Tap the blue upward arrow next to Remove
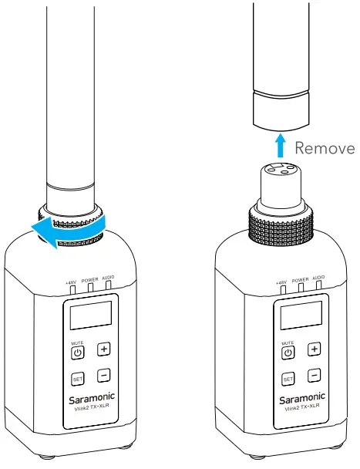tap(281, 147)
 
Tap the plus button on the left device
tap(103, 349)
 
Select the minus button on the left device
tap(103, 376)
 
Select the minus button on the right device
tap(313, 376)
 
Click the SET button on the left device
tap(77, 379)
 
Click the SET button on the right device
tap(287, 379)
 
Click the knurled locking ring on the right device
tap(281, 225)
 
